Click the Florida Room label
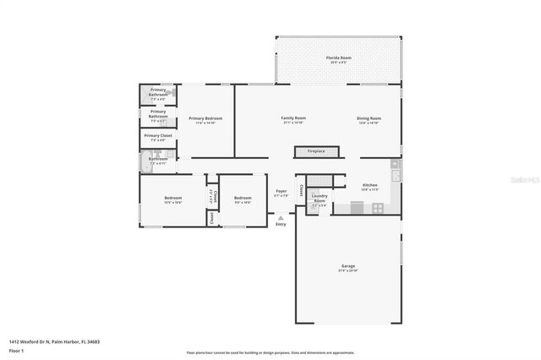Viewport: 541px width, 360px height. (x=339, y=59)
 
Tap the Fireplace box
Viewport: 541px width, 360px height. (x=315, y=151)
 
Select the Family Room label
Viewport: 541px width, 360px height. (x=293, y=119)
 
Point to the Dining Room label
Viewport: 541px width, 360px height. (x=369, y=119)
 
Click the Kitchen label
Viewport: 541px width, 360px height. (x=370, y=186)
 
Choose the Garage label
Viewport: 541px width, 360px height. (x=347, y=268)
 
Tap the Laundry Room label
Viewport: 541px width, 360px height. (x=320, y=199)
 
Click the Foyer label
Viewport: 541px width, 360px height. (x=281, y=193)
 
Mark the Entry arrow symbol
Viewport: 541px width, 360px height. (x=281, y=217)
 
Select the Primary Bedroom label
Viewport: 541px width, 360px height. (x=205, y=119)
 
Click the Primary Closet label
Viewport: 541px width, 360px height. (x=158, y=136)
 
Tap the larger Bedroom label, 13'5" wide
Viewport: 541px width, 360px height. (x=172, y=199)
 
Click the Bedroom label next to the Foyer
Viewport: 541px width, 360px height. (x=243, y=199)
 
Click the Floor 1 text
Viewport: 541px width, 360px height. (x=16, y=350)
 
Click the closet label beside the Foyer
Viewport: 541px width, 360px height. (x=299, y=190)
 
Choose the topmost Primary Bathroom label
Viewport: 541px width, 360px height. (x=158, y=90)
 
